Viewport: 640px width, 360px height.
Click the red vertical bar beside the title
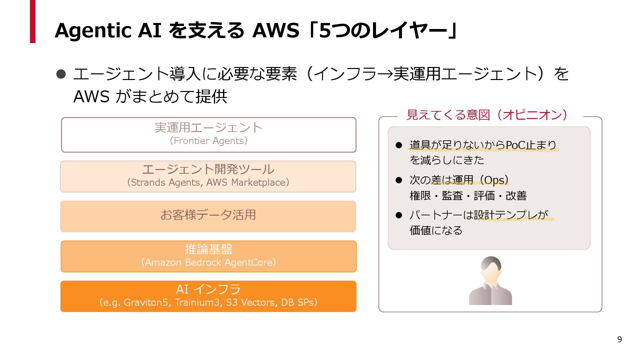[x=33, y=21]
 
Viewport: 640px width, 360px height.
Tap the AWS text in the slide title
[x=276, y=31]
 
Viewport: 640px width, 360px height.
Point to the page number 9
[x=619, y=339]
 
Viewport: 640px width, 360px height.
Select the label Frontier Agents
[x=209, y=141]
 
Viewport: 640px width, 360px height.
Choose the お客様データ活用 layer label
[x=208, y=215]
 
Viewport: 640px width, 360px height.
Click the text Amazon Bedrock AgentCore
[x=209, y=263]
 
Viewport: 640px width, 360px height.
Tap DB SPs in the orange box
[x=297, y=303]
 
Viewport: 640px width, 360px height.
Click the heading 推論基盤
[x=209, y=249]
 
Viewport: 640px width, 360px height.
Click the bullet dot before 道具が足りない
[x=399, y=145]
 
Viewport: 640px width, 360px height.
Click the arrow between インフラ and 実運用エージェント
[x=385, y=74]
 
